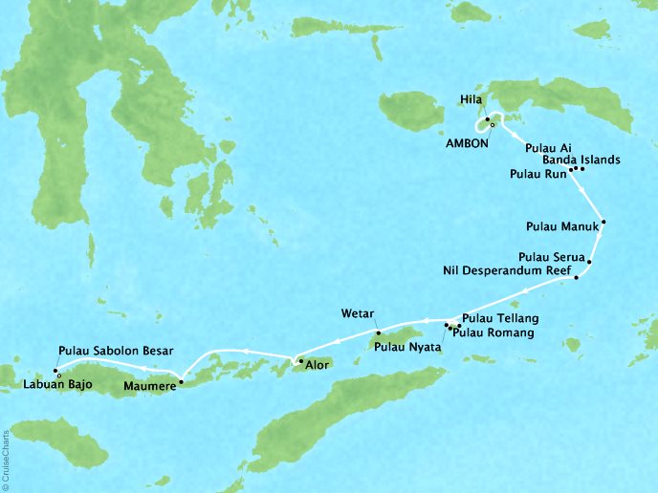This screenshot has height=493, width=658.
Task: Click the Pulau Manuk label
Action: click(x=562, y=227)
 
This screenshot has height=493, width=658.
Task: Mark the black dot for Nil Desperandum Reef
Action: click(x=576, y=278)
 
